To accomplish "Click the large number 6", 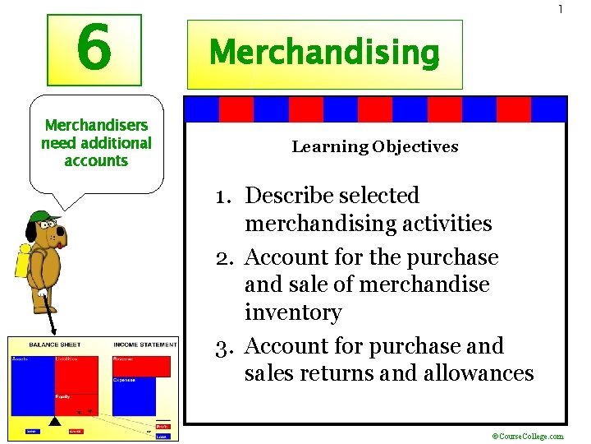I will click(x=94, y=49).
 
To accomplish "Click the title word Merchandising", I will click(x=324, y=54).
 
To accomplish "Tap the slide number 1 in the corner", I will click(x=561, y=10).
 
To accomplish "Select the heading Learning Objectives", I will click(x=374, y=147).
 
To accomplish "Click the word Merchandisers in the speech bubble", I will click(x=96, y=126).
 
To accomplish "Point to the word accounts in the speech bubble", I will click(x=96, y=161).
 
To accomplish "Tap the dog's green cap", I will click(x=42, y=219).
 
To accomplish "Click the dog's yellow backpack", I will click(x=23, y=261).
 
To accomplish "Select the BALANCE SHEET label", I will click(x=54, y=345).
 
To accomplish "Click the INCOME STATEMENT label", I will click(x=144, y=345).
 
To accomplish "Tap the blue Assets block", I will click(x=31, y=386).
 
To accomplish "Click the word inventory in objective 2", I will click(x=281, y=313).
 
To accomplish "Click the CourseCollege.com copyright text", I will click(x=527, y=437).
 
